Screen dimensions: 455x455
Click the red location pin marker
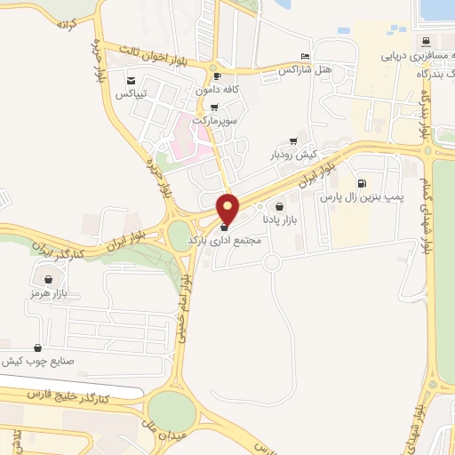pyautogui.click(x=228, y=208)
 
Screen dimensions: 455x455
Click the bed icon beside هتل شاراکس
pyautogui.click(x=306, y=55)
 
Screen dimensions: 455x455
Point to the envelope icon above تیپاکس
pyautogui.click(x=131, y=81)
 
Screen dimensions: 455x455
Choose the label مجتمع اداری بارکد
pyautogui.click(x=222, y=241)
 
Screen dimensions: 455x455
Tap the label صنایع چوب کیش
pyautogui.click(x=36, y=361)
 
